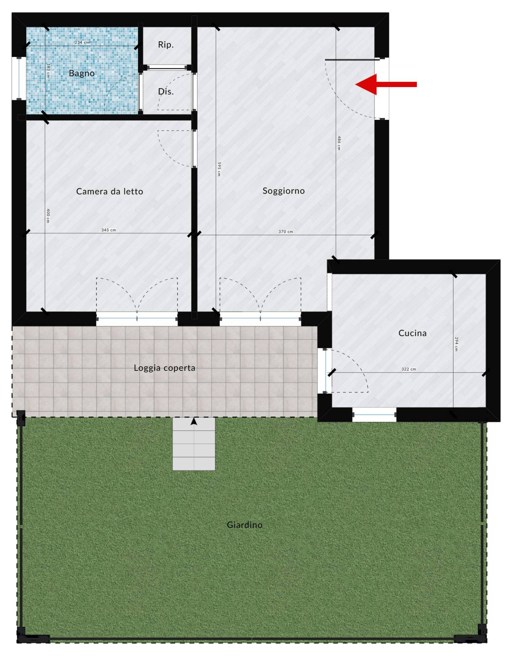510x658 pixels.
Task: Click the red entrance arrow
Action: click(x=386, y=84)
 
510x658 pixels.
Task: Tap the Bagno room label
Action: click(x=82, y=73)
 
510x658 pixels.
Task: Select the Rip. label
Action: click(x=166, y=45)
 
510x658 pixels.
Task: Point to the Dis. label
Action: click(x=166, y=92)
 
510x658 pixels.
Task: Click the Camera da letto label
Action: click(x=109, y=191)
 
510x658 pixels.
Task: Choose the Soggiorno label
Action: click(x=284, y=191)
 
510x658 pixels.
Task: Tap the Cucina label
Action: click(x=412, y=333)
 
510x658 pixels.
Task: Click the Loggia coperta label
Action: click(x=164, y=368)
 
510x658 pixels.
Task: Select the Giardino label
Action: click(x=245, y=525)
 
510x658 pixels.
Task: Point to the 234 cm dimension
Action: click(x=82, y=42)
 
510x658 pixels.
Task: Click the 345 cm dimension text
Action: click(x=108, y=230)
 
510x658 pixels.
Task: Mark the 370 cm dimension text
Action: click(x=286, y=232)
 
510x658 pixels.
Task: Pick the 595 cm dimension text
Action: click(x=219, y=169)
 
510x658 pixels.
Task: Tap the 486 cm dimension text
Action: click(x=339, y=143)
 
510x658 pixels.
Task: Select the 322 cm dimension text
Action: click(x=408, y=369)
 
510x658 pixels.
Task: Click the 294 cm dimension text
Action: click(x=456, y=344)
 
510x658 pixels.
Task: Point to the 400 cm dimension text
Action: click(x=48, y=216)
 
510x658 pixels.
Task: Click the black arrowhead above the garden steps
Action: click(x=194, y=422)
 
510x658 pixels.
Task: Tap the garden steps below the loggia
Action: click(x=194, y=444)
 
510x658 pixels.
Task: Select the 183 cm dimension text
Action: click(x=48, y=70)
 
